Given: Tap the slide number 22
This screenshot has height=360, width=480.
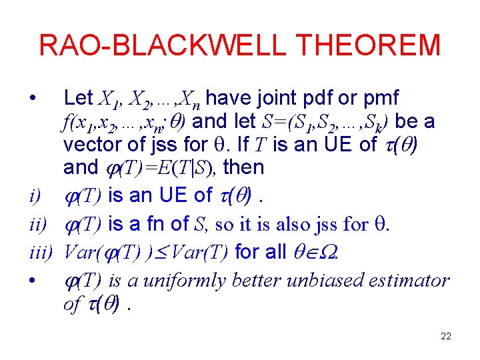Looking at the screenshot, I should (x=446, y=336).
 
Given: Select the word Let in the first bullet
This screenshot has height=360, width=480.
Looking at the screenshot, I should (x=78, y=99).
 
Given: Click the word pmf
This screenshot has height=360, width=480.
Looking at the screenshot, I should (x=383, y=99).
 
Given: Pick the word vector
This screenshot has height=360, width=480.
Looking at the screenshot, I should (x=87, y=145).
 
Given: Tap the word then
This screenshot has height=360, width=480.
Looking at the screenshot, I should (x=244, y=167).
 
